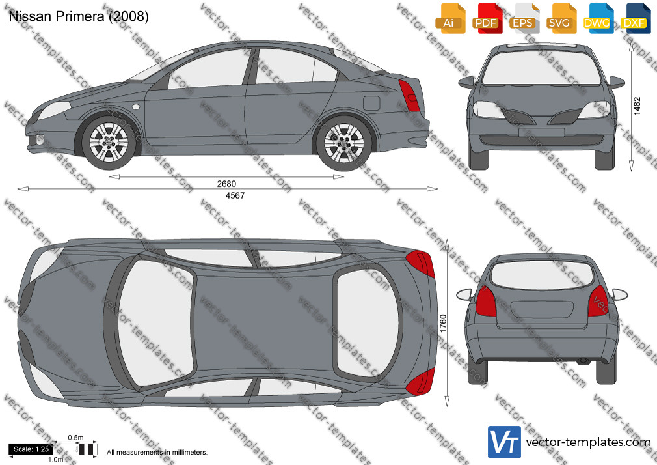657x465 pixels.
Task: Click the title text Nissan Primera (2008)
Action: tap(79, 16)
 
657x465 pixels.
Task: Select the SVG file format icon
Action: tap(561, 18)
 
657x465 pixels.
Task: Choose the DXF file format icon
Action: tap(636, 18)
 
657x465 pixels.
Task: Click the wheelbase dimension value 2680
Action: tap(226, 184)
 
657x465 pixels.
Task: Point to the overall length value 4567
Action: tap(235, 195)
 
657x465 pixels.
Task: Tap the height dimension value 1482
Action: tap(637, 106)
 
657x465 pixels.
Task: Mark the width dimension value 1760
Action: tap(443, 324)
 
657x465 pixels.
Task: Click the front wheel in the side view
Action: tap(109, 141)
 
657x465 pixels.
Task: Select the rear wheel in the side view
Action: tap(343, 143)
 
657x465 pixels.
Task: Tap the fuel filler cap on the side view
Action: tap(371, 103)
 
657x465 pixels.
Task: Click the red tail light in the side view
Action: tap(409, 95)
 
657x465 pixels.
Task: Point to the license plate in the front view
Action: tap(541, 133)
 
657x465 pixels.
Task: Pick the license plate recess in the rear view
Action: tap(541, 309)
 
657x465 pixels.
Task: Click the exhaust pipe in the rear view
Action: tap(583, 361)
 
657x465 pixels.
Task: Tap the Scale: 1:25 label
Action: tap(31, 449)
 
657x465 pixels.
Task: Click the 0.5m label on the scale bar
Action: tap(76, 438)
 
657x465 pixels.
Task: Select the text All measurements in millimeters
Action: tap(157, 453)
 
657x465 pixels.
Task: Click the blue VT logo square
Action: tap(505, 442)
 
